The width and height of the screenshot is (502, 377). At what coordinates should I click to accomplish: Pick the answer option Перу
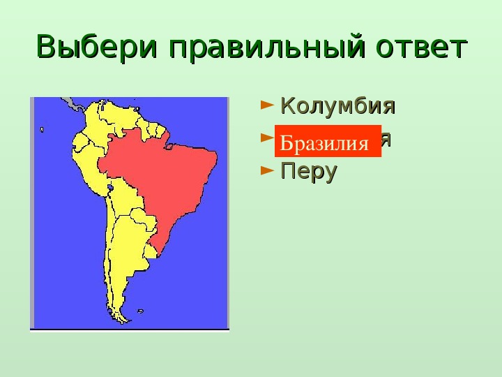308,171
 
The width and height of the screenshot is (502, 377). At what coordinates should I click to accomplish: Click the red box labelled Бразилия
328,142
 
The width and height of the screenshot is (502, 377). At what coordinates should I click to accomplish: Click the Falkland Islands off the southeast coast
140,311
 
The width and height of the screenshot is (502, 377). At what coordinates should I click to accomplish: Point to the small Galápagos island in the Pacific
42,130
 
